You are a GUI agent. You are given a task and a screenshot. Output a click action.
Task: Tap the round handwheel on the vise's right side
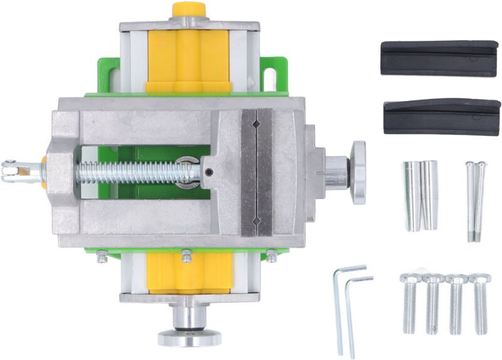coord(358,172)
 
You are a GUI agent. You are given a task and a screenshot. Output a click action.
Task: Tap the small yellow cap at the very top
coord(190,9)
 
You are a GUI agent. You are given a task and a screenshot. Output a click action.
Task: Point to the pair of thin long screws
coord(475,201)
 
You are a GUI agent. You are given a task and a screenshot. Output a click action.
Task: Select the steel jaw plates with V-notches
coord(257,172)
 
